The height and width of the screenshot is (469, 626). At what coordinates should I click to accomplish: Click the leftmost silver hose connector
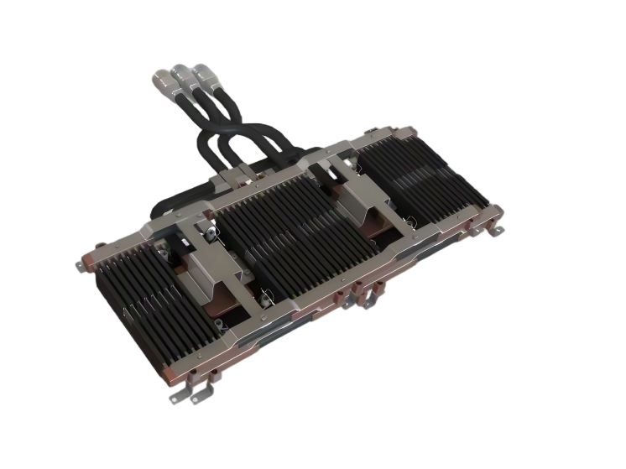tap(163, 81)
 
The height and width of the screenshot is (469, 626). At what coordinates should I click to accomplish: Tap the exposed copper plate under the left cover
tap(222, 298)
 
